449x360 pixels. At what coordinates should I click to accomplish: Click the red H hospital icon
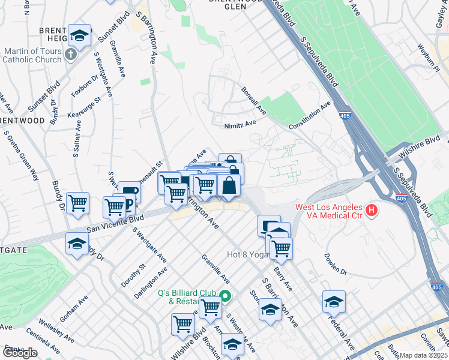click(372, 210)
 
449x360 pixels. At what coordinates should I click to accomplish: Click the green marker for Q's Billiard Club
click(225, 295)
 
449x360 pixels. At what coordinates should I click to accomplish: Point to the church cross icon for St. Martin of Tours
click(70, 55)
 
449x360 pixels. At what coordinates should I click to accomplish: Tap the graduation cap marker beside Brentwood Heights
click(79, 37)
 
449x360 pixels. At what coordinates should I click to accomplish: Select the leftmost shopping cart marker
click(78, 204)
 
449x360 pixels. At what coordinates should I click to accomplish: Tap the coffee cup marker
click(129, 193)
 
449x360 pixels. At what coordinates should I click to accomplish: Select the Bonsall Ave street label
click(253, 101)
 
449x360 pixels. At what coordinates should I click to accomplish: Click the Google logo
click(20, 353)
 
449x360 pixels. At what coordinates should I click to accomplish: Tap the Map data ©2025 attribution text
click(424, 355)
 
